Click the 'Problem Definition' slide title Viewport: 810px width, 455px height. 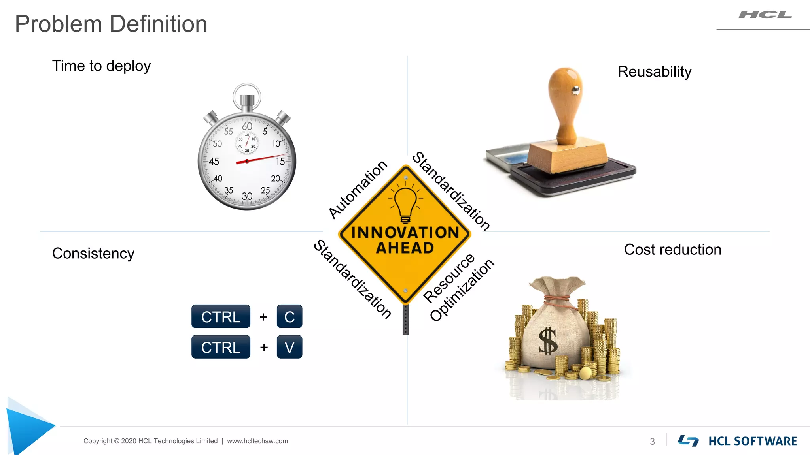(111, 24)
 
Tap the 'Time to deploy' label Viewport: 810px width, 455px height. (101, 66)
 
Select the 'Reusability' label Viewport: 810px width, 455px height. (654, 72)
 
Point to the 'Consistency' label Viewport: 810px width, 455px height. (93, 253)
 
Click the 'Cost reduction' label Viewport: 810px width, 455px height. (672, 250)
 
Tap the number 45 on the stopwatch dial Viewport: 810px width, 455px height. (214, 162)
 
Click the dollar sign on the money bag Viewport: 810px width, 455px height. (548, 341)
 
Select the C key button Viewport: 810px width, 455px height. (290, 316)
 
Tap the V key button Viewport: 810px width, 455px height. (290, 347)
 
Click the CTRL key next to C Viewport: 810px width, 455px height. (221, 316)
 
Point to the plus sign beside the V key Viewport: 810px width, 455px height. (264, 347)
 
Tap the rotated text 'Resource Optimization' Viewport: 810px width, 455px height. (459, 288)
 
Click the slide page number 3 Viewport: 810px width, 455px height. (652, 442)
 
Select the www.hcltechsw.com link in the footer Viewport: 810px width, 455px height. (257, 441)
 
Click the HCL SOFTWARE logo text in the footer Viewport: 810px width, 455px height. (752, 441)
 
